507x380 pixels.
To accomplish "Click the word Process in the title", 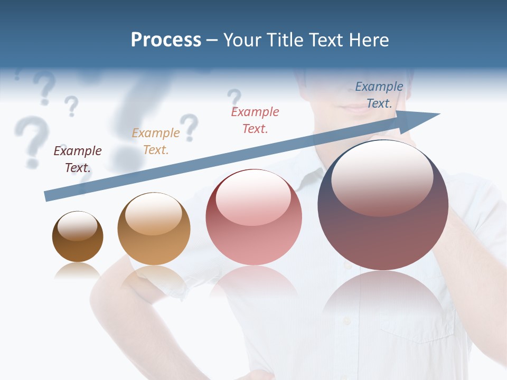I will click(166, 40).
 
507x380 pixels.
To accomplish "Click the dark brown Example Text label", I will click(78, 159).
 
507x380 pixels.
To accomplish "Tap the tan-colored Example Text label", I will click(156, 141).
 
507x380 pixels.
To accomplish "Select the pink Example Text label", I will click(255, 120).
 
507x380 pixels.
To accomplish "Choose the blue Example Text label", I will click(379, 95).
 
